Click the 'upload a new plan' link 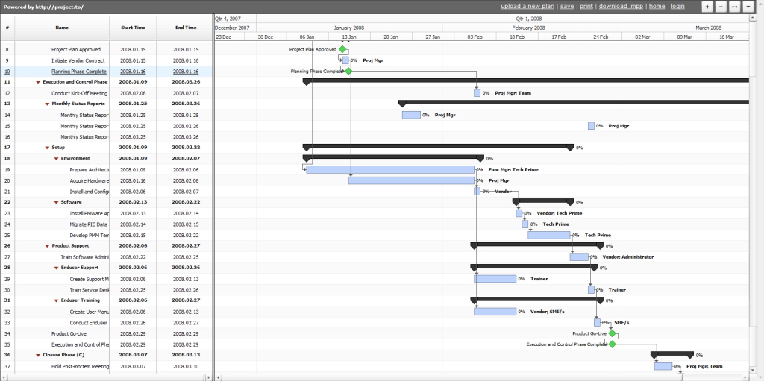pyautogui.click(x=527, y=6)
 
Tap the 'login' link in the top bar pyautogui.click(x=677, y=6)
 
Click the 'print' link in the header pyautogui.click(x=586, y=6)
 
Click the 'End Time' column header pyautogui.click(x=186, y=28)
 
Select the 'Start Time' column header pyautogui.click(x=133, y=28)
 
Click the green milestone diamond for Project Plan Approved pyautogui.click(x=342, y=49)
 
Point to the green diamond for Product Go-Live pyautogui.click(x=613, y=333)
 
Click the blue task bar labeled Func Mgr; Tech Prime pyautogui.click(x=390, y=169)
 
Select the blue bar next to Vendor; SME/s pyautogui.click(x=495, y=312)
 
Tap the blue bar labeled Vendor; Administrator pyautogui.click(x=579, y=256)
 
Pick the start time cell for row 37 pyautogui.click(x=133, y=366)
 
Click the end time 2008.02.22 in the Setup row pyautogui.click(x=186, y=148)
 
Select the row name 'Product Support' pyautogui.click(x=70, y=245)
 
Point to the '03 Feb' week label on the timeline pyautogui.click(x=475, y=36)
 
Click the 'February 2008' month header pyautogui.click(x=529, y=27)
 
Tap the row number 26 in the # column pyautogui.click(x=7, y=245)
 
